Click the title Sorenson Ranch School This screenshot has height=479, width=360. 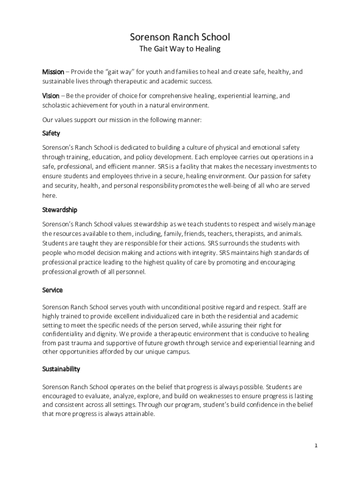tap(180, 37)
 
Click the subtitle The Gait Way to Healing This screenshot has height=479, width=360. tap(180, 49)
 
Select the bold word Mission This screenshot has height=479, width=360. tap(53, 72)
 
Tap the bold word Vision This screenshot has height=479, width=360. tap(51, 96)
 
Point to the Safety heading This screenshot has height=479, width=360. tap(51, 133)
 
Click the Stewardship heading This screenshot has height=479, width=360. tap(59, 210)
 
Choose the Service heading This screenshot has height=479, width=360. tap(52, 290)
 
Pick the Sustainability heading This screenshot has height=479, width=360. tap(61, 369)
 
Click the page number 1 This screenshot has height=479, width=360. tap(316, 446)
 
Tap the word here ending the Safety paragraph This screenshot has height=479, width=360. tap(49, 195)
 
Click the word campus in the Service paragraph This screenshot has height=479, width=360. tap(178, 352)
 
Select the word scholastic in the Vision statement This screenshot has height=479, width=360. tap(58, 105)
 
